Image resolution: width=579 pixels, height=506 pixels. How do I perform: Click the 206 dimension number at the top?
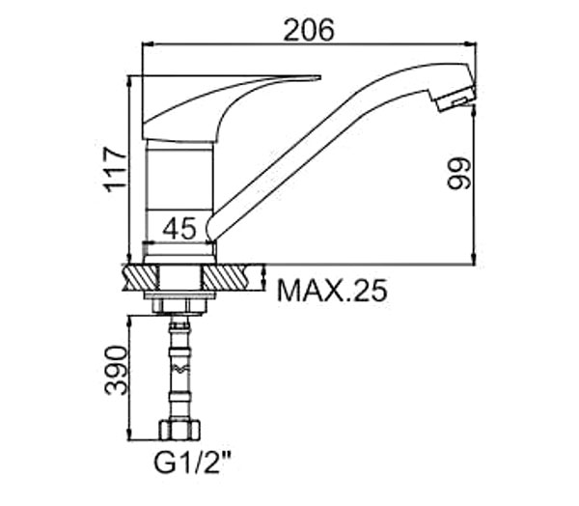point(309,29)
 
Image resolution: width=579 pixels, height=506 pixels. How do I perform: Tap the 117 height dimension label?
point(116,170)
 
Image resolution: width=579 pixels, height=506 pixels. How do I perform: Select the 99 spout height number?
point(459,174)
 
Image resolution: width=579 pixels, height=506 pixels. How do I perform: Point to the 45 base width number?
point(179,229)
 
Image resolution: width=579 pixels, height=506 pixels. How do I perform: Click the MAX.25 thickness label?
point(332,291)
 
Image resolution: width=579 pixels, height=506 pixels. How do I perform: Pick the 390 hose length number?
point(117,371)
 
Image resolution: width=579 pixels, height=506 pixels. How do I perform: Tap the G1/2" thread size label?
point(192,463)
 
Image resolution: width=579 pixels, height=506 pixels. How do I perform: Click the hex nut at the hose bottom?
point(179,430)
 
